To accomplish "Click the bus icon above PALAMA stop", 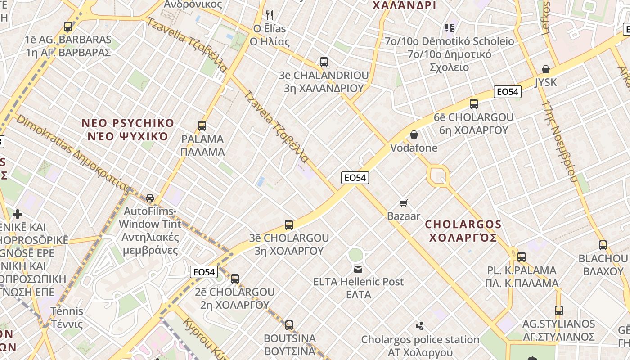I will pyautogui.click(x=202, y=126).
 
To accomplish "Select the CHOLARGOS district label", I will pyautogui.click(x=463, y=230).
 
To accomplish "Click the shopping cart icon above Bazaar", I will pyautogui.click(x=404, y=203).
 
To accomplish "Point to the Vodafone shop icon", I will pyautogui.click(x=414, y=135).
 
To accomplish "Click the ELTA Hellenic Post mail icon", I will pyautogui.click(x=358, y=269).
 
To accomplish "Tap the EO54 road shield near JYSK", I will pyautogui.click(x=507, y=92).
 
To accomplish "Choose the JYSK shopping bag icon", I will pyautogui.click(x=545, y=69).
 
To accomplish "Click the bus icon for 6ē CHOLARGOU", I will pyautogui.click(x=473, y=104).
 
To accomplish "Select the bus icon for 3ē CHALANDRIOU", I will pyautogui.click(x=324, y=62).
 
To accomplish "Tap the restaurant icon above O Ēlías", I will pyautogui.click(x=270, y=15).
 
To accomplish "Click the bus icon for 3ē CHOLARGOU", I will pyautogui.click(x=289, y=225).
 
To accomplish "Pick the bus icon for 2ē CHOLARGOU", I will pyautogui.click(x=234, y=279).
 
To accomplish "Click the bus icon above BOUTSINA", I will pyautogui.click(x=289, y=325).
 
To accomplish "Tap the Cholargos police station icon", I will pyautogui.click(x=420, y=325).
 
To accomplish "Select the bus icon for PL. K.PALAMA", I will pyautogui.click(x=521, y=257).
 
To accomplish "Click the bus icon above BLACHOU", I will pyautogui.click(x=603, y=245).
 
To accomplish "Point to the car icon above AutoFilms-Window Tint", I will pyautogui.click(x=150, y=198).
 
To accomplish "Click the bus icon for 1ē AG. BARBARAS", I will pyautogui.click(x=68, y=27).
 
